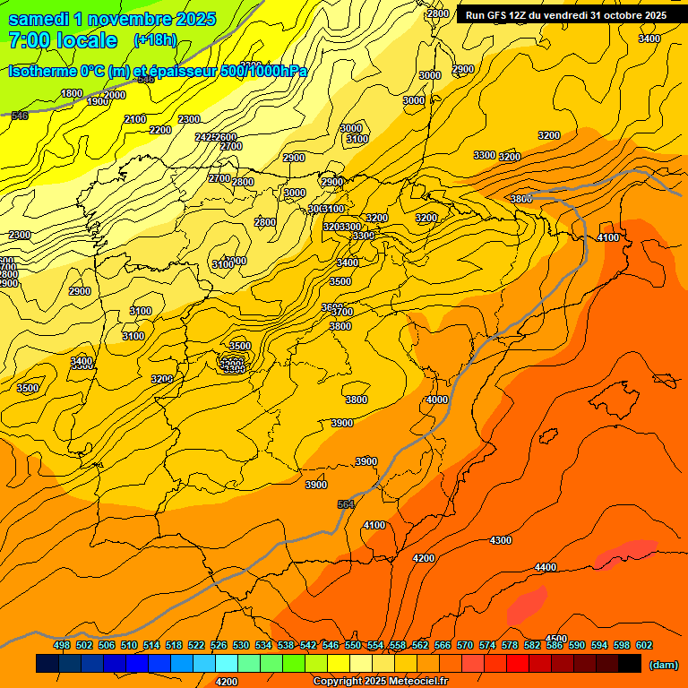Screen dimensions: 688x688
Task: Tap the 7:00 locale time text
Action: (63, 40)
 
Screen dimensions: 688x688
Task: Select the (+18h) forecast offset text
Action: (155, 39)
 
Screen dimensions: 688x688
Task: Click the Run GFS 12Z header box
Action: (565, 15)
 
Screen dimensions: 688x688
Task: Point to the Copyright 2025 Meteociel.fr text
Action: (380, 682)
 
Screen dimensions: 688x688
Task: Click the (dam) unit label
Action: (663, 664)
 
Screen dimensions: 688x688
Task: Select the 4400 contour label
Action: (545, 567)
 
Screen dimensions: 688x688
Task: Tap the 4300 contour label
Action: (501, 540)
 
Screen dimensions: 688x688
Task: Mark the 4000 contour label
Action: (437, 400)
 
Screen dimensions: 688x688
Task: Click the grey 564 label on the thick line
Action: (346, 505)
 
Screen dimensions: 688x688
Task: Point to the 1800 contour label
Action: (72, 93)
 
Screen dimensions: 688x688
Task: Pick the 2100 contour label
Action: (135, 119)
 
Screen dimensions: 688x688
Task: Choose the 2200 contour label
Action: (160, 130)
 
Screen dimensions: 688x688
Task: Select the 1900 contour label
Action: (98, 101)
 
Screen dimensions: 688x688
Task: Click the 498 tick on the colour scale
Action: (62, 645)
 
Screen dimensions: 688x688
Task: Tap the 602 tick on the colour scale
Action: (644, 645)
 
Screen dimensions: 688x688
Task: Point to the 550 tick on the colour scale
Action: (353, 645)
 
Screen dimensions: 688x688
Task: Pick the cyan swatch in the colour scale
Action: (227, 664)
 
